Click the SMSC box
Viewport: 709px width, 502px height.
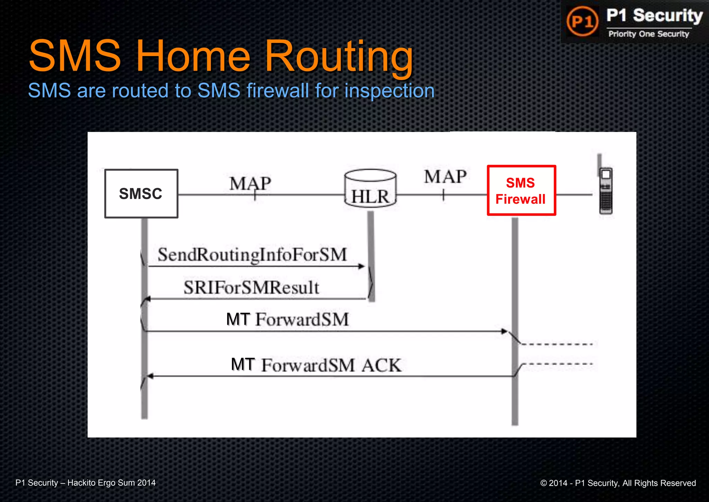pyautogui.click(x=141, y=194)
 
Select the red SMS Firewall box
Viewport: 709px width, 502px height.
pyautogui.click(x=521, y=191)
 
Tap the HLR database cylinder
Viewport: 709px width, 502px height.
pyautogui.click(x=370, y=189)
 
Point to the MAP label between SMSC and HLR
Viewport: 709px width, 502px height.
pyautogui.click(x=250, y=183)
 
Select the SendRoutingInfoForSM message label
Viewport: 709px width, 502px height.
pyautogui.click(x=252, y=255)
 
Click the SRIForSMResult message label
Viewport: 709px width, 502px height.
pyautogui.click(x=251, y=288)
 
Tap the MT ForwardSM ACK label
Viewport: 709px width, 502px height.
pyautogui.click(x=316, y=365)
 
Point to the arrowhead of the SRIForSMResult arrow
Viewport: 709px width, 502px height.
pyautogui.click(x=147, y=299)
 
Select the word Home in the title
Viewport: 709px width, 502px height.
pyautogui.click(x=193, y=56)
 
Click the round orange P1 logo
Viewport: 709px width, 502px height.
pyautogui.click(x=582, y=21)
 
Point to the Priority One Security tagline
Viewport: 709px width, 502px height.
pyautogui.click(x=649, y=34)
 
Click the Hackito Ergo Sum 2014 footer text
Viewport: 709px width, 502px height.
pyautogui.click(x=111, y=483)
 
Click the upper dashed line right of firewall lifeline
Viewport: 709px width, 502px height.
pyautogui.click(x=557, y=344)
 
